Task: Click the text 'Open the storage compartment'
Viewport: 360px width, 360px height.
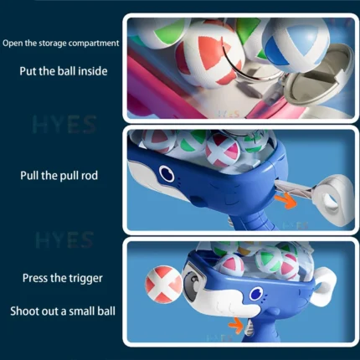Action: [61, 44]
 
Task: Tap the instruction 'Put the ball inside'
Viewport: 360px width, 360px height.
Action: [64, 71]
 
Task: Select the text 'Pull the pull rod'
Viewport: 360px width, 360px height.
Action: [59, 176]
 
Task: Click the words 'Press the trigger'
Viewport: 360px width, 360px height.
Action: [63, 278]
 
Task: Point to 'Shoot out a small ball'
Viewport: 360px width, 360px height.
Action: [63, 311]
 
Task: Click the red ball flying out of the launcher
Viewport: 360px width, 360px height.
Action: [164, 285]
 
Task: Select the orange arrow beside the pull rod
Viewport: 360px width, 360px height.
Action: [285, 201]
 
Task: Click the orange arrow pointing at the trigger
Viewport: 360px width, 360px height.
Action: [236, 325]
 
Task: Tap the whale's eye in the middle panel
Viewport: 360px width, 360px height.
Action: [167, 173]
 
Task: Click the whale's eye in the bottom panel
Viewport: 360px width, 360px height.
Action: [256, 294]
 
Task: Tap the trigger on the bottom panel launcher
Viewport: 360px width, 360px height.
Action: [249, 327]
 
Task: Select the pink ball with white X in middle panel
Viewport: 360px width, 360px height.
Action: [223, 151]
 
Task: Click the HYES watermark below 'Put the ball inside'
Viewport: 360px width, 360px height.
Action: [64, 125]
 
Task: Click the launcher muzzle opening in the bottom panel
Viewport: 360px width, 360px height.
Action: [193, 280]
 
